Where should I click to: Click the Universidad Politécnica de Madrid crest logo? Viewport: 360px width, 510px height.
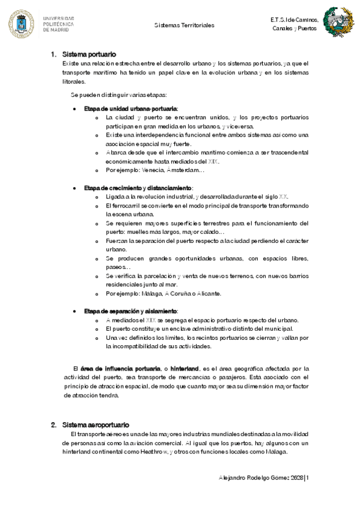coord(21,24)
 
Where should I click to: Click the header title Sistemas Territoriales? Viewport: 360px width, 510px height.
coord(184,26)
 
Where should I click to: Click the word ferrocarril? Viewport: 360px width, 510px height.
coord(131,206)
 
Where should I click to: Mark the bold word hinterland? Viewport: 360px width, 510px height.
coord(185,368)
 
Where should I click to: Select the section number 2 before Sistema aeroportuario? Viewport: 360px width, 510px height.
coord(53,425)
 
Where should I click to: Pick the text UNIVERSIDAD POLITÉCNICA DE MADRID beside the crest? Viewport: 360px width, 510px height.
coord(58,24)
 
